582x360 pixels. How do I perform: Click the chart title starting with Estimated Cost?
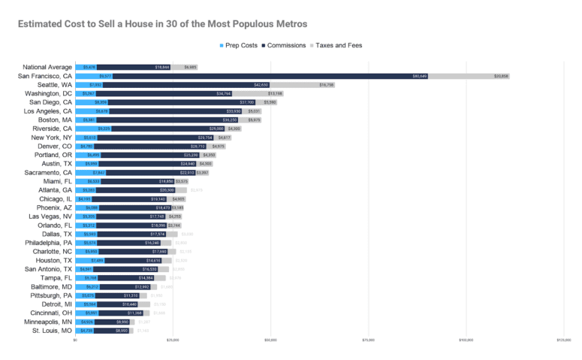pyautogui.click(x=162, y=24)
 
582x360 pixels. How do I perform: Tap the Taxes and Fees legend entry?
pyautogui.click(x=338, y=45)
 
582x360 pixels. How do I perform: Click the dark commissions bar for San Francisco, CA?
pyautogui.click(x=270, y=76)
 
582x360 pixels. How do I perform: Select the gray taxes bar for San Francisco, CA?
pyautogui.click(x=469, y=76)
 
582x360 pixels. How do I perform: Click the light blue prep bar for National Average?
pyautogui.click(x=86, y=67)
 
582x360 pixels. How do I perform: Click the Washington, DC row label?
pyautogui.click(x=48, y=93)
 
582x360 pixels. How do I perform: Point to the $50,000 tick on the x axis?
pyautogui.click(x=270, y=340)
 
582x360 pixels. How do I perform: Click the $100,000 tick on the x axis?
pyautogui.click(x=466, y=340)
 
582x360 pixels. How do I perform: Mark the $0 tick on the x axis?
pyautogui.click(x=76, y=340)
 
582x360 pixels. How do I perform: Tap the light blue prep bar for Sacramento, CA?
pyautogui.click(x=91, y=172)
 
